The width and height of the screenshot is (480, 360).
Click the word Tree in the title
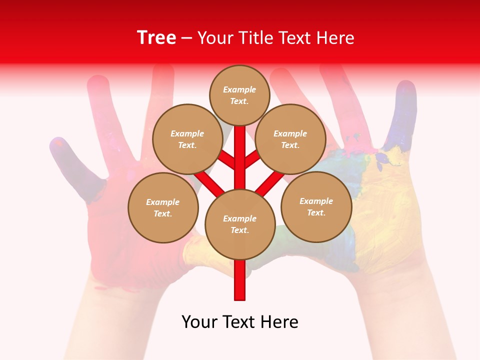pos(156,37)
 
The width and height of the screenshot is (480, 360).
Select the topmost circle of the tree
pos(239,95)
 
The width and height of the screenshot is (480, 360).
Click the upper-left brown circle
pos(187,139)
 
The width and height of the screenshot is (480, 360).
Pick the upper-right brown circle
pos(290,139)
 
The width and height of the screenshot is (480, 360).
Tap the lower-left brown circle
pos(163,207)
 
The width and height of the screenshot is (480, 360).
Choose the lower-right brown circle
pos(316,206)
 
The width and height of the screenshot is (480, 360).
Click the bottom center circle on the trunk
pos(240,224)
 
